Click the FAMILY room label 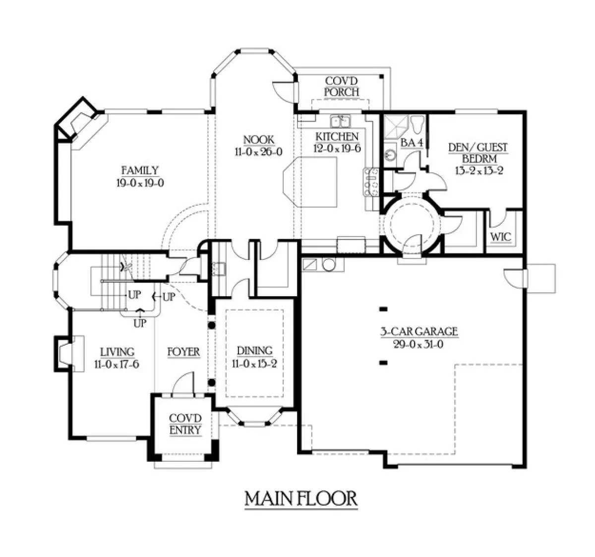pos(140,170)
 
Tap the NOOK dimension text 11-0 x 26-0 pos(258,152)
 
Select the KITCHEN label pos(337,137)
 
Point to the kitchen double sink pos(341,121)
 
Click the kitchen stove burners pos(371,182)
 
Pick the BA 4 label pos(412,143)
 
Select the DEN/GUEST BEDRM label pos(478,153)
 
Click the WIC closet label pos(501,237)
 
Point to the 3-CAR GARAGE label pos(419,331)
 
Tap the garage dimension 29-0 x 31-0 pos(419,344)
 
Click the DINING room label pos(254,351)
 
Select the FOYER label pos(183,352)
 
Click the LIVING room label pos(117,352)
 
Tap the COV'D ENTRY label pos(185,424)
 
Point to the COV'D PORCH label pos(342,86)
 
